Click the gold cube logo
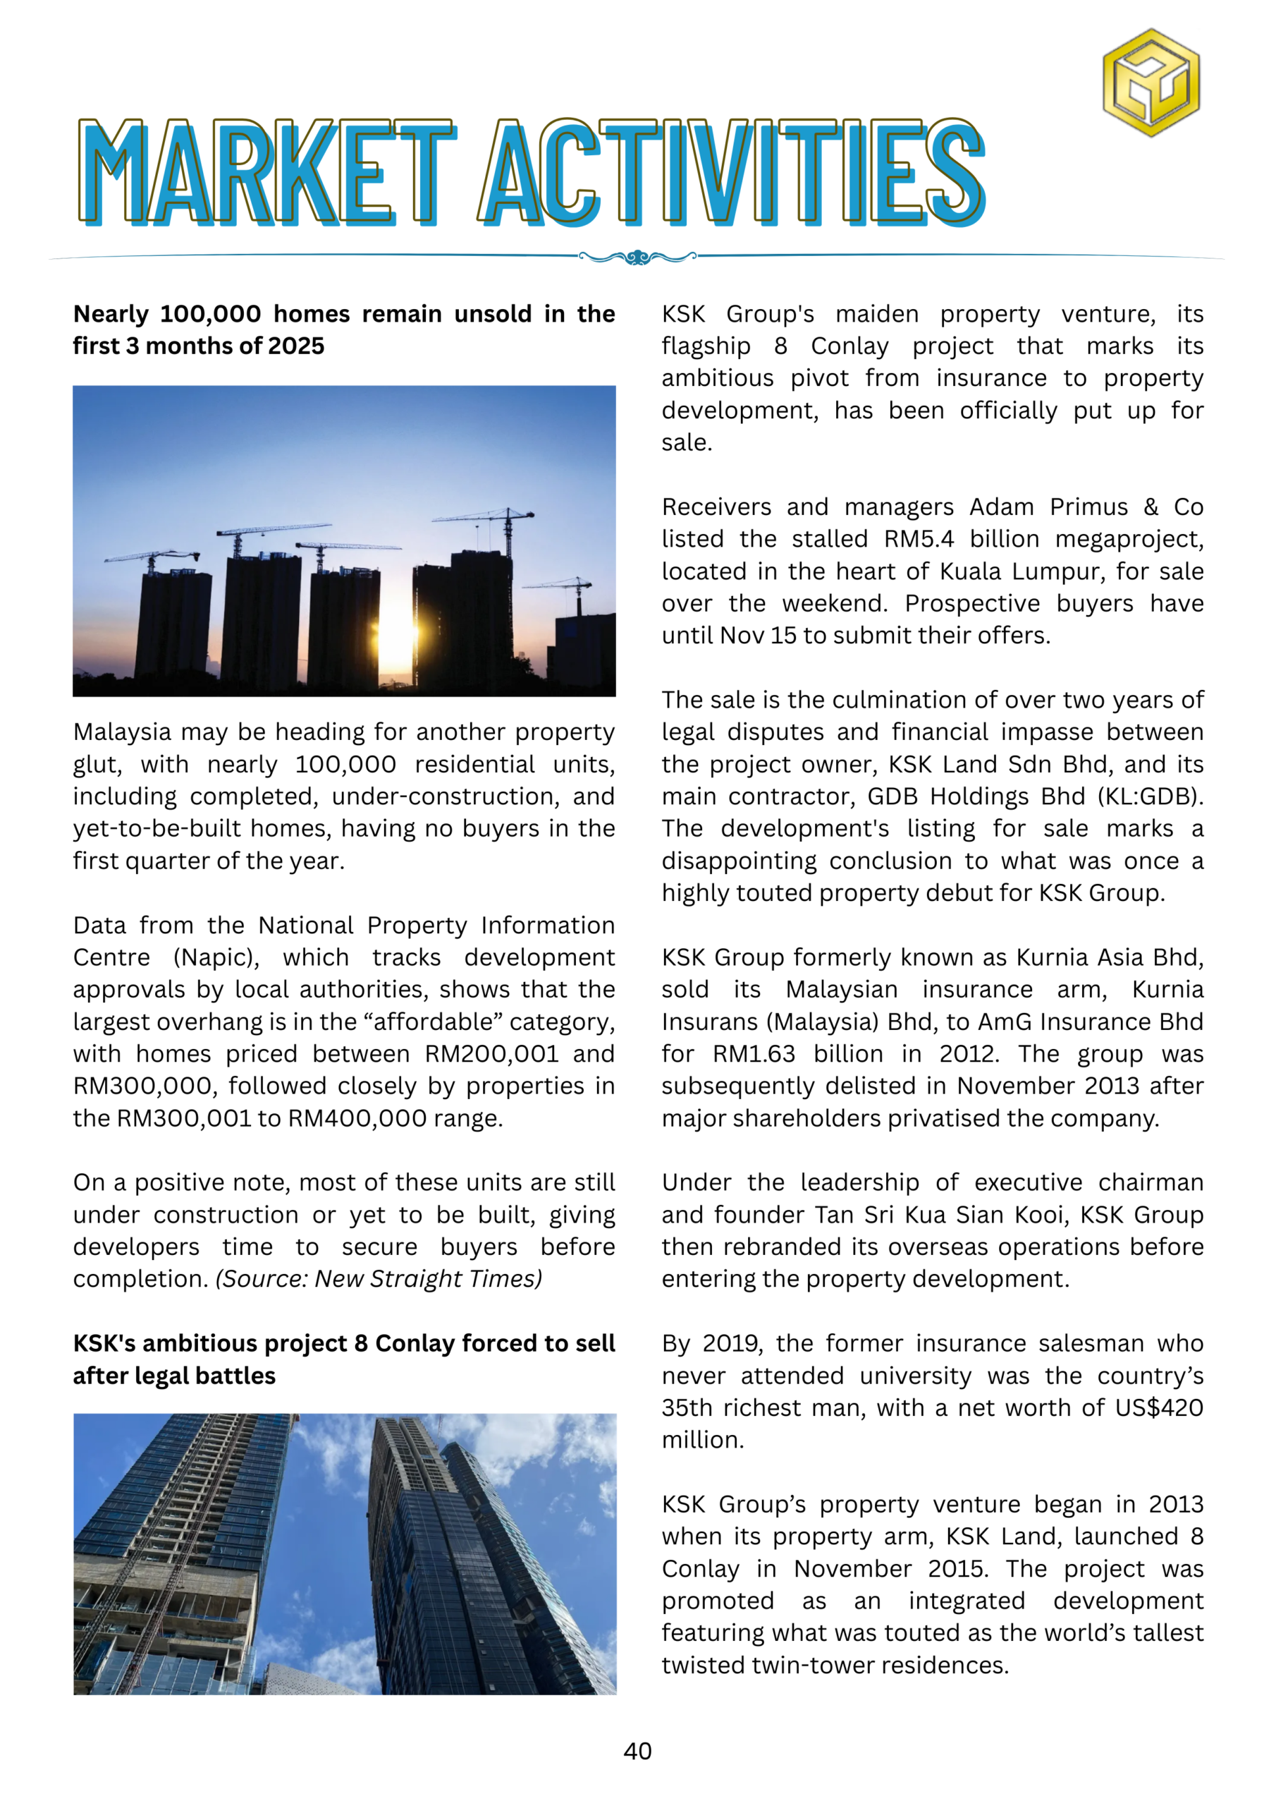[x=1151, y=83]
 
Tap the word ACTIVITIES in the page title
[x=731, y=171]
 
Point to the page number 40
[x=637, y=1751]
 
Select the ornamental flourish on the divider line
[x=637, y=257]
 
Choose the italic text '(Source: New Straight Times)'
[x=379, y=1280]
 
